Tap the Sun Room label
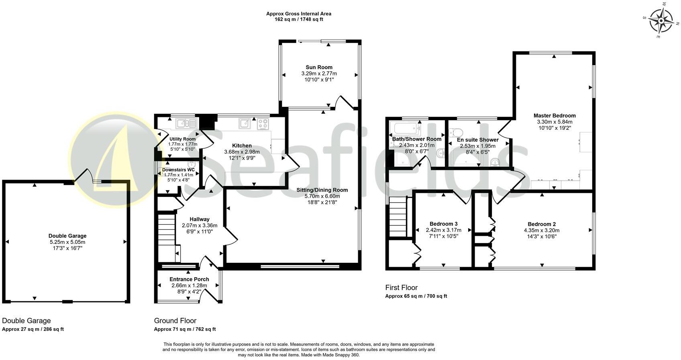pyautogui.click(x=319, y=67)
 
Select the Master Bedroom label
pyautogui.click(x=555, y=115)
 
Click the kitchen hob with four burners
pyautogui.click(x=263, y=124)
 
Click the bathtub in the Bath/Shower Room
pyautogui.click(x=406, y=129)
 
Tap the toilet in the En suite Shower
pyautogui.click(x=456, y=132)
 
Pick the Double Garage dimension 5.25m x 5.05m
pyautogui.click(x=67, y=242)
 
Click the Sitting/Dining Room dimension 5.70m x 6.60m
pyautogui.click(x=322, y=196)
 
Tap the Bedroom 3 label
pyautogui.click(x=443, y=224)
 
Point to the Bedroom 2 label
pyautogui.click(x=541, y=224)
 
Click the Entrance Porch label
pyautogui.click(x=189, y=279)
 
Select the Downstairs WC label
pyautogui.click(x=178, y=170)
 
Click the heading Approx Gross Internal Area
pyautogui.click(x=298, y=14)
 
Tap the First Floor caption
pyautogui.click(x=401, y=287)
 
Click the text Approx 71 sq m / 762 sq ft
pyautogui.click(x=185, y=329)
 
